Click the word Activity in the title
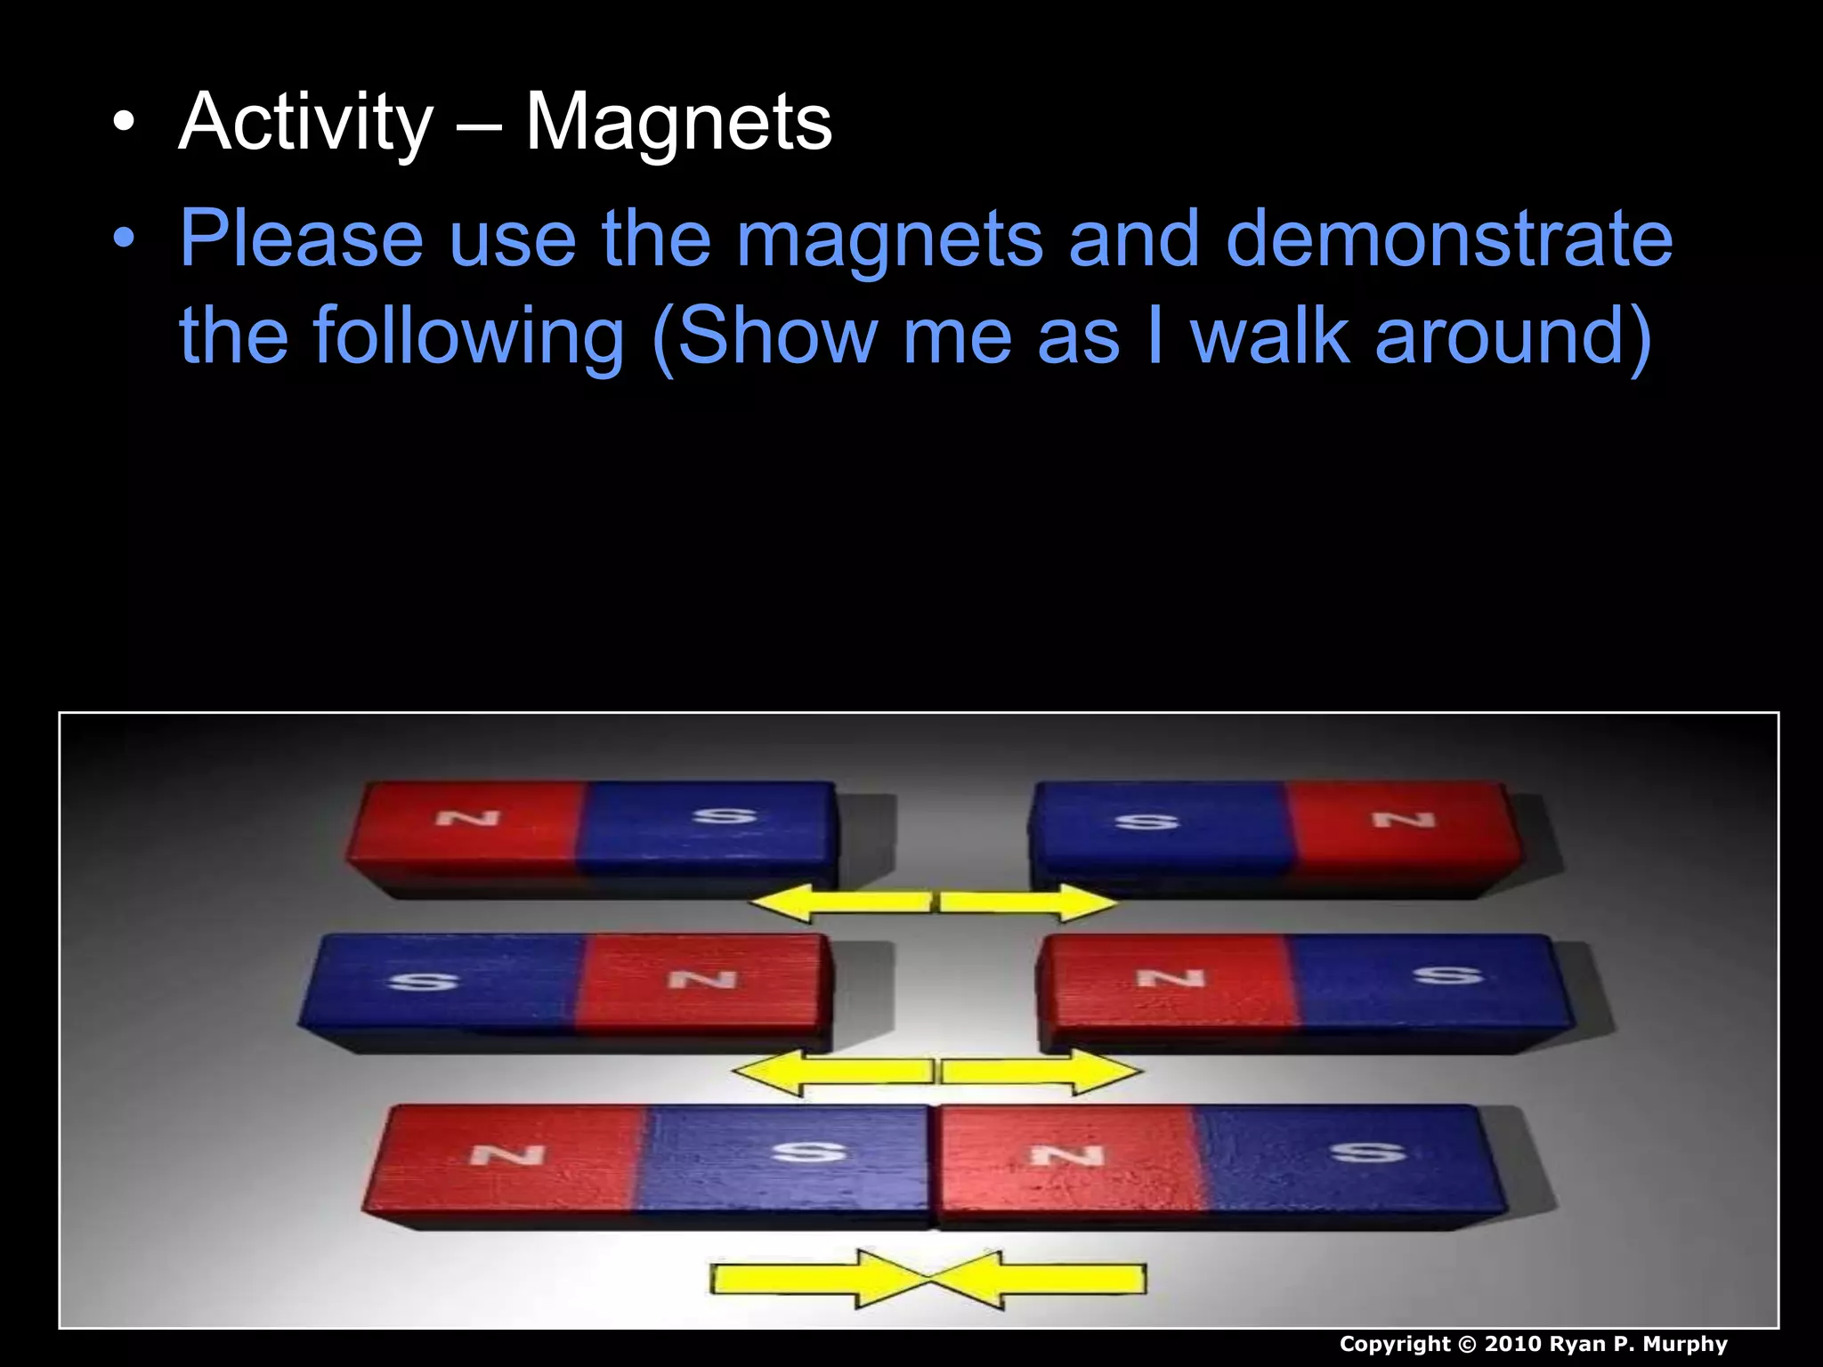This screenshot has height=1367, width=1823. pyautogui.click(x=305, y=122)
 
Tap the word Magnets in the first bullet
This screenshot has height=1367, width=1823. pyautogui.click(x=678, y=122)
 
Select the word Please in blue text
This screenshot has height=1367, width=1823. pyautogui.click(x=301, y=238)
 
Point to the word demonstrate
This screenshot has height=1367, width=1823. pyautogui.click(x=1448, y=238)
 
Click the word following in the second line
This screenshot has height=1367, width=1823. pyautogui.click(x=468, y=336)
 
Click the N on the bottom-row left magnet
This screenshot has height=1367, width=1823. pyautogui.click(x=507, y=1155)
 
